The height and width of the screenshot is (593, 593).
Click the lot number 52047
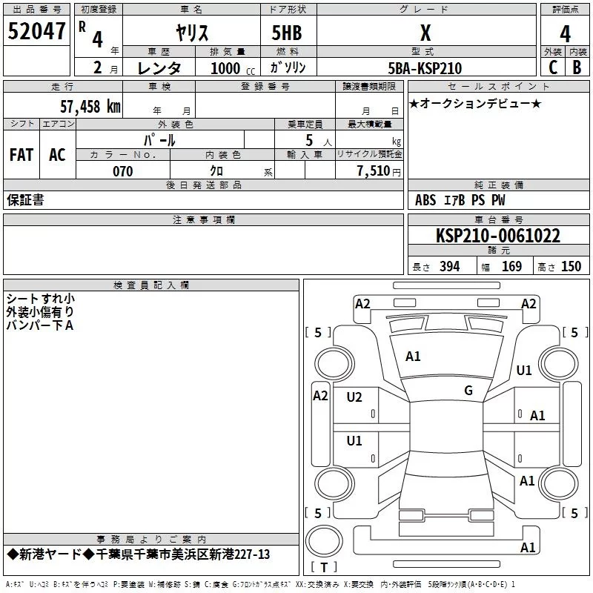(x=36, y=31)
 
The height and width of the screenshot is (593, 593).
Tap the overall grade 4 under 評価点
(x=565, y=34)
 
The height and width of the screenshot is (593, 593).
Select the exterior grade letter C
(x=553, y=67)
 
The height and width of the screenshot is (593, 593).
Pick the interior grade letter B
(x=577, y=67)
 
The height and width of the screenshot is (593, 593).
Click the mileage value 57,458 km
(x=90, y=106)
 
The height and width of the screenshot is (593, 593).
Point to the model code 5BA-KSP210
(x=425, y=68)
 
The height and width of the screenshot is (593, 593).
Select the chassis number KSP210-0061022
(x=498, y=236)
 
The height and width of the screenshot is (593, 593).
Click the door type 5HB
(x=287, y=33)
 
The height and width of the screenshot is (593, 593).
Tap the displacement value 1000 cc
(x=233, y=68)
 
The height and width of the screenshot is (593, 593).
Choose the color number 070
(x=122, y=171)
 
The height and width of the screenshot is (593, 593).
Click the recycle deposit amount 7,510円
(x=379, y=171)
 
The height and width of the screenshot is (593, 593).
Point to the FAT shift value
(x=21, y=155)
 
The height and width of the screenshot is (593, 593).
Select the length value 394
(x=450, y=266)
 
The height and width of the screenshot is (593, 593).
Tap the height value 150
(x=571, y=266)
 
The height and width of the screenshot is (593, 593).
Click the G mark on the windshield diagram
(x=468, y=390)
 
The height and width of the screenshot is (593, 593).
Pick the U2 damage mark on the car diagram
(x=354, y=397)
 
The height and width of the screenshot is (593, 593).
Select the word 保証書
(x=25, y=199)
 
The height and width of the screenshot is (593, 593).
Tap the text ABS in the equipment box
(x=425, y=200)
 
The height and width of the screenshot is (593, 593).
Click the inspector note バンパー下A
(x=40, y=325)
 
